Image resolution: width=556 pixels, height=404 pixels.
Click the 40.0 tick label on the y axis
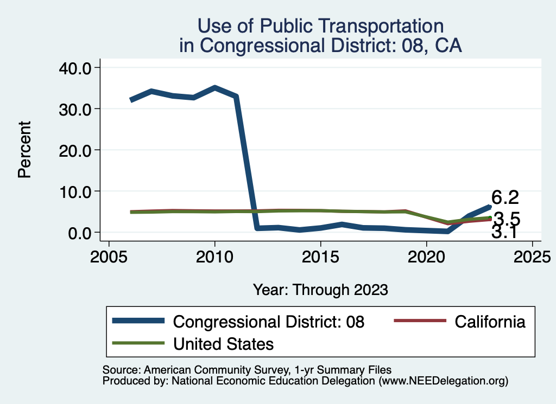point(75,67)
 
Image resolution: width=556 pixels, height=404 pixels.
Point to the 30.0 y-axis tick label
point(75,108)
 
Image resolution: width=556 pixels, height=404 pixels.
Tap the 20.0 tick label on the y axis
point(75,150)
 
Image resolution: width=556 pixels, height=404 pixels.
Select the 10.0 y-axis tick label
point(75,191)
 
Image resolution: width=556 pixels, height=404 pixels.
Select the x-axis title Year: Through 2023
point(320,290)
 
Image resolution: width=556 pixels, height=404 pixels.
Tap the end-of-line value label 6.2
point(506,197)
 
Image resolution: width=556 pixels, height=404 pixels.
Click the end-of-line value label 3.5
point(507,219)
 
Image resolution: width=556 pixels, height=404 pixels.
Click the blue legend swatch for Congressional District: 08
point(138,321)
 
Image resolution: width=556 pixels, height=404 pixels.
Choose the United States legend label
point(223,343)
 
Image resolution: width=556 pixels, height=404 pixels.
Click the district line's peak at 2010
point(215,87)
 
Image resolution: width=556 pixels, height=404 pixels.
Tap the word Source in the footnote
point(117,369)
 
